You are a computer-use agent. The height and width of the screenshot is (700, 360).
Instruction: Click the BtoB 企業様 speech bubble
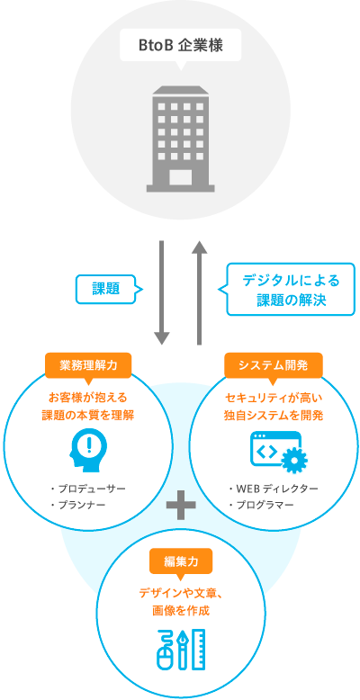point(180,46)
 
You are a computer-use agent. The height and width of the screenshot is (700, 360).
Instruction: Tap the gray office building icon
point(180,139)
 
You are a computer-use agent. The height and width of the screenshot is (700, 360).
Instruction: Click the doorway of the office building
point(180,176)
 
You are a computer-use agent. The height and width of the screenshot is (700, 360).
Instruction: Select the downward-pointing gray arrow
point(162,292)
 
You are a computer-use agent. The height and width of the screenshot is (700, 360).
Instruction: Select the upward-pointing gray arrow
point(199,292)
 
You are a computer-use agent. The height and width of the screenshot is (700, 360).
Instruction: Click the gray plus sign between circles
point(180,505)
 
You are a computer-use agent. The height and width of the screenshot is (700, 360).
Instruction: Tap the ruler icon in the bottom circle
point(198,649)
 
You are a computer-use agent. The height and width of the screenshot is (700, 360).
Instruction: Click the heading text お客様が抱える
point(88,398)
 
